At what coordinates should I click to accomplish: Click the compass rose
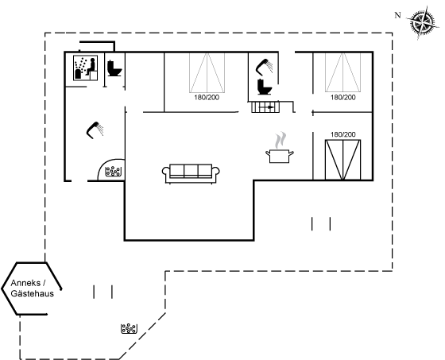tap(423, 22)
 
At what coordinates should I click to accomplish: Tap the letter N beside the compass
tap(398, 15)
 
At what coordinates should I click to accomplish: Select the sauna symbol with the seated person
tap(86, 68)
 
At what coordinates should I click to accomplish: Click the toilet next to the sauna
tap(114, 68)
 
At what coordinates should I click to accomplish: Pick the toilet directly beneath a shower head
tap(265, 87)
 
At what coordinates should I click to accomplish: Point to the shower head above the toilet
tap(264, 66)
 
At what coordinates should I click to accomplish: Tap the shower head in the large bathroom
tap(95, 130)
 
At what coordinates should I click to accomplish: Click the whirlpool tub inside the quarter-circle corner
tap(113, 171)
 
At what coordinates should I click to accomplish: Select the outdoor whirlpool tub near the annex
tap(129, 328)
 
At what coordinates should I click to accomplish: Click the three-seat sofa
tap(191, 173)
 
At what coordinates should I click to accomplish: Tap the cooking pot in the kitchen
tap(279, 156)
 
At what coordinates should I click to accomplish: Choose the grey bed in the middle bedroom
tap(207, 72)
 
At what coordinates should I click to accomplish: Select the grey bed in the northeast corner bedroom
tap(342, 72)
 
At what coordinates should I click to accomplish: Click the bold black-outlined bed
tap(342, 160)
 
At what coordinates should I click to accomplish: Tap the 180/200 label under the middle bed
tap(207, 98)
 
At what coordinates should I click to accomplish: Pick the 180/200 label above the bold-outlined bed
tap(342, 134)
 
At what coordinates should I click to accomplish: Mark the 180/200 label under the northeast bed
tap(342, 98)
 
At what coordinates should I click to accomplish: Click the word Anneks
tap(25, 283)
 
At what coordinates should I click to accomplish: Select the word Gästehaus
tap(32, 293)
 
